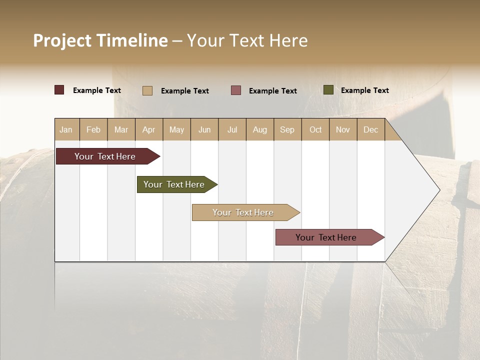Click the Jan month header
[66, 129]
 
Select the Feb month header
[93, 129]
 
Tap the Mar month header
[121, 129]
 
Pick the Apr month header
[149, 129]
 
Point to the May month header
[176, 129]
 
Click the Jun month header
[204, 129]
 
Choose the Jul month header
[232, 129]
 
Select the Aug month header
[260, 129]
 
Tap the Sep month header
[287, 129]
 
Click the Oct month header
[315, 129]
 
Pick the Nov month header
[343, 129]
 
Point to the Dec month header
[371, 129]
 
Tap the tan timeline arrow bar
[243, 212]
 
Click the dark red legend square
[59, 90]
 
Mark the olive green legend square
[328, 90]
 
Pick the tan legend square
[147, 90]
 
